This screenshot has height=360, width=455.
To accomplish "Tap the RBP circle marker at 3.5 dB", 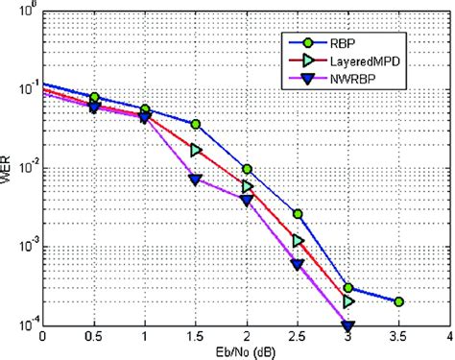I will click(x=398, y=301).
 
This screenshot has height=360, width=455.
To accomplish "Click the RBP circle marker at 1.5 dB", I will click(x=196, y=125).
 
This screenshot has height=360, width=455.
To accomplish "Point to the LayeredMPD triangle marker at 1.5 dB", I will click(x=196, y=151).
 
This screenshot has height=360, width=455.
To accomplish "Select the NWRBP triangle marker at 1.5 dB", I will click(x=196, y=180).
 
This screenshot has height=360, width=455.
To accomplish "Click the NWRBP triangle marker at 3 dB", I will click(x=347, y=327).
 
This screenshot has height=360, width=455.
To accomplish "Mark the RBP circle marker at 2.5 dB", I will click(x=298, y=214).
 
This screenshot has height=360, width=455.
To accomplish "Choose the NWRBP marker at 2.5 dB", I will click(x=298, y=265).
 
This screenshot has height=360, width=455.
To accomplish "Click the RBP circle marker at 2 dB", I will click(x=247, y=169).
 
